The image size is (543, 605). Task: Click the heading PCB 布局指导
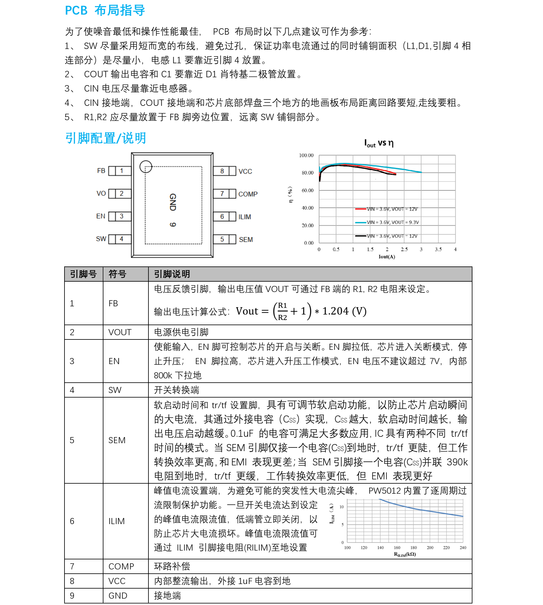point(105,10)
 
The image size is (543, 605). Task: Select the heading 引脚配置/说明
point(105,138)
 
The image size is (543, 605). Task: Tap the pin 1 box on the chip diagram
point(121,171)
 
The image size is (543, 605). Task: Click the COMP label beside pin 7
point(248,194)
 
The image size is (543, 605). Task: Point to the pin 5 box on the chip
point(222,239)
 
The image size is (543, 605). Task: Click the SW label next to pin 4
point(101,239)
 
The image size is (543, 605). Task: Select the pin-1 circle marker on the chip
point(146,166)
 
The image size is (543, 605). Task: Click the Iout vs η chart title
point(379,143)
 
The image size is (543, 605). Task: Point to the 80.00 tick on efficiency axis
point(307,173)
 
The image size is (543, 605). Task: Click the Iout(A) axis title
point(387,257)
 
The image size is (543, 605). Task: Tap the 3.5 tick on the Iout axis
point(438,249)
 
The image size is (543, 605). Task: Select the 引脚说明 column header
point(172,274)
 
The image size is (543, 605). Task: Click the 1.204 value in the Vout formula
point(335,311)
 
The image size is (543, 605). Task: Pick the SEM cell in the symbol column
point(117,440)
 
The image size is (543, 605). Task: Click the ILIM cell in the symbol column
point(117,521)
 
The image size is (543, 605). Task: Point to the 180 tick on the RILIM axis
point(413,548)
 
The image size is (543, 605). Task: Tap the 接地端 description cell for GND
point(167,595)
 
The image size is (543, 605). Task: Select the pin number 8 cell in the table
point(72,581)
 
